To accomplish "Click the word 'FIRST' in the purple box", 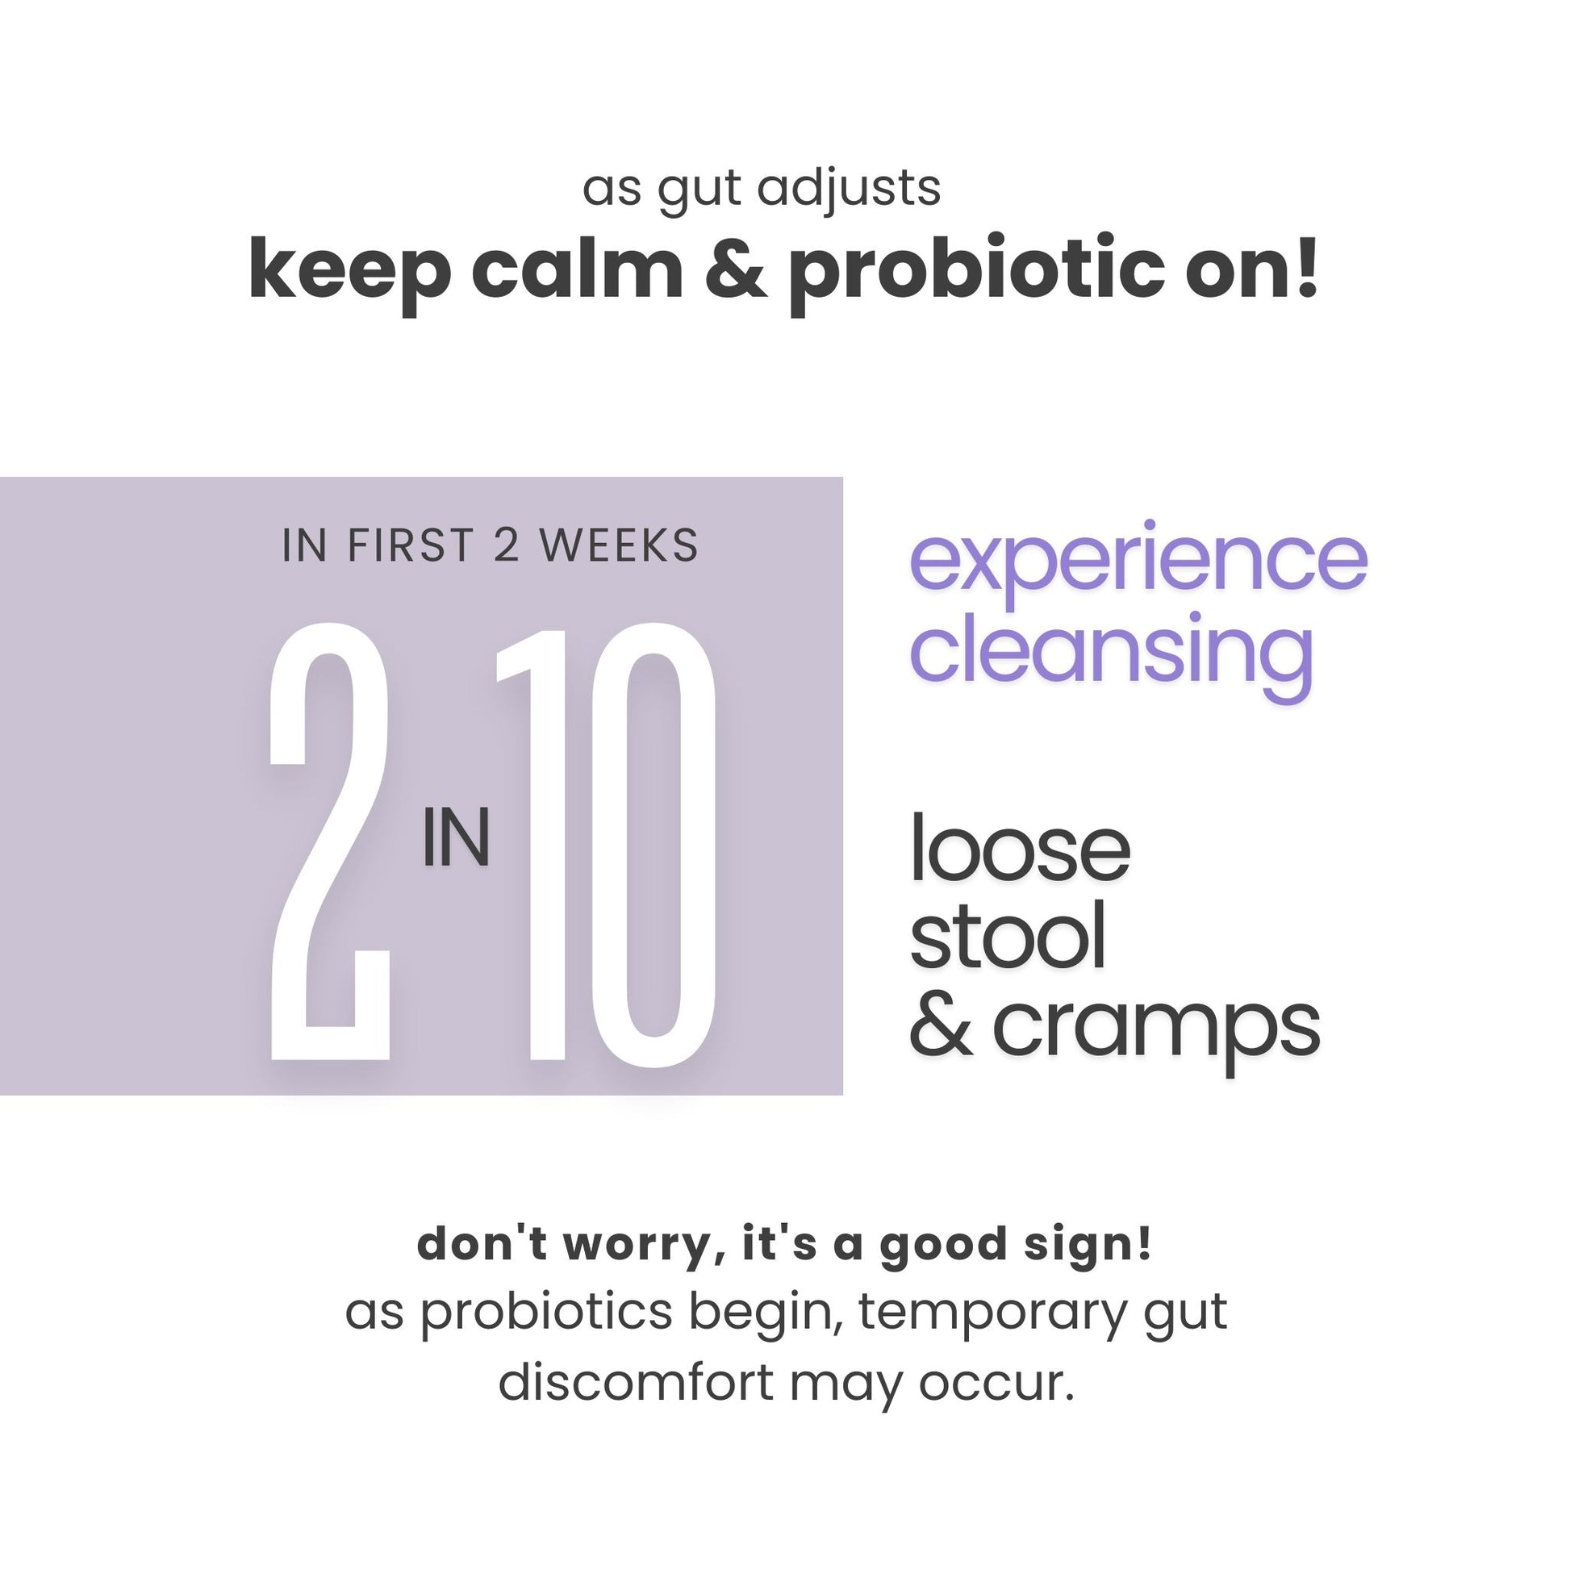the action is pos(411,545).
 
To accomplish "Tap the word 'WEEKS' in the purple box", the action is pos(620,545).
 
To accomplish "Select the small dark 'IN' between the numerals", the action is pos(456,838).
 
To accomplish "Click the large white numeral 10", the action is pos(606,843).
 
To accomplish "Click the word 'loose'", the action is pos(1020,849).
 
